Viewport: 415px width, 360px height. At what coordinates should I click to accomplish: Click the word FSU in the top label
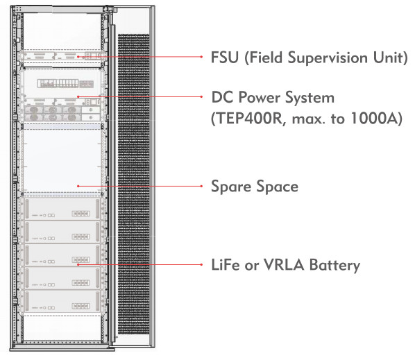pos(225,58)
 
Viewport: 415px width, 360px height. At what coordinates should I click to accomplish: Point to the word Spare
pos(231,187)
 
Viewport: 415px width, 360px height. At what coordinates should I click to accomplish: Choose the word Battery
pos(334,265)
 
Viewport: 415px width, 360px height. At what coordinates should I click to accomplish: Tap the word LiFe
pos(226,265)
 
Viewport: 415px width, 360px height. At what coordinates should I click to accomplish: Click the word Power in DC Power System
pos(260,97)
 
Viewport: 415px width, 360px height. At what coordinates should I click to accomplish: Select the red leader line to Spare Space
pos(139,186)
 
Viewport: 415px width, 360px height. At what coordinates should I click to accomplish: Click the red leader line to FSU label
pos(139,57)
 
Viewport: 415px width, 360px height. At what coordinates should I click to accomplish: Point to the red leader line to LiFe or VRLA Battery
pos(139,264)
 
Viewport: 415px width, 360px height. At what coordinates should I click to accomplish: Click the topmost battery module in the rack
pos(62,209)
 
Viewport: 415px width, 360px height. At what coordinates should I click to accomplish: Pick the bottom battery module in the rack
pos(62,302)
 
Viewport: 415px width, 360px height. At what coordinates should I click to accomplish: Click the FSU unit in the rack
pos(62,56)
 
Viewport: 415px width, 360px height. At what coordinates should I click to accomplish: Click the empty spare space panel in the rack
pos(62,160)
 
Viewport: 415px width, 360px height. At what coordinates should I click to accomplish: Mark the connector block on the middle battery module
pos(81,259)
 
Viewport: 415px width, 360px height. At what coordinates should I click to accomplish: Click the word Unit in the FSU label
pos(390,58)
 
